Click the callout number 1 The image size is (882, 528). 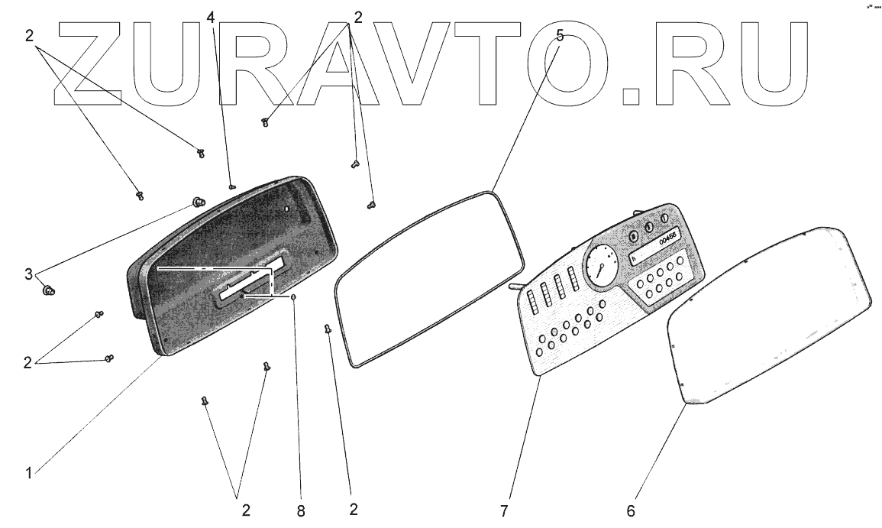(28, 473)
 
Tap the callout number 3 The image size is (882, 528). (28, 274)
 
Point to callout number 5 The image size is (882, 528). (560, 35)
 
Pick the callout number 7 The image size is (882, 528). (505, 510)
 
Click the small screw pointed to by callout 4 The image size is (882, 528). (231, 185)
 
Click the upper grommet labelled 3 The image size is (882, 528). (199, 202)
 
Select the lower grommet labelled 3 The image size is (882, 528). (48, 290)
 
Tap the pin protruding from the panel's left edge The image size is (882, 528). (514, 287)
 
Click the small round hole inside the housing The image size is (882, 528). (286, 207)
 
